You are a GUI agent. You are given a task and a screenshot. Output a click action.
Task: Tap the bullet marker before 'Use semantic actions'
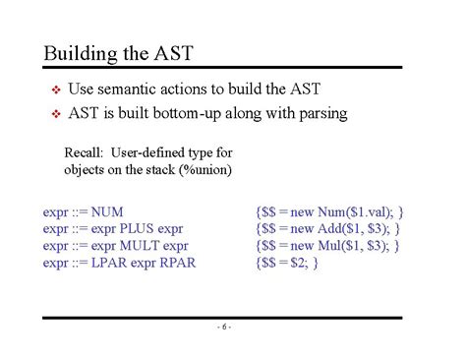[56, 90]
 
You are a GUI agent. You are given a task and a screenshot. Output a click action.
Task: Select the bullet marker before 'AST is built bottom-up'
[56, 114]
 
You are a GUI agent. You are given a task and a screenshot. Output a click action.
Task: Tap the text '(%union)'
[203, 169]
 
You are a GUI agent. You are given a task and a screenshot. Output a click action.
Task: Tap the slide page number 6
[224, 328]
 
